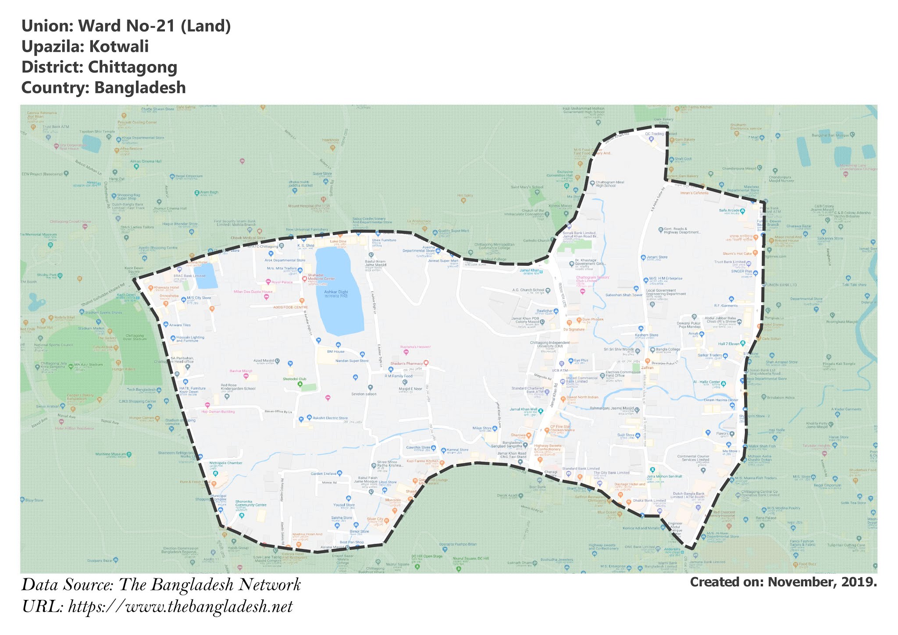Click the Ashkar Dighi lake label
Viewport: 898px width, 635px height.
[x=336, y=293]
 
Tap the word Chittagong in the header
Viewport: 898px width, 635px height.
[x=132, y=67]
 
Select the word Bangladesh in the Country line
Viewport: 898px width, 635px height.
[x=140, y=88]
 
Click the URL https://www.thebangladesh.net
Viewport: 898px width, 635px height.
[x=180, y=606]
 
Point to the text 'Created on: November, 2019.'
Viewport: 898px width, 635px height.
[x=783, y=582]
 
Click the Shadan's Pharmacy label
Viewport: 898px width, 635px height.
[x=406, y=364]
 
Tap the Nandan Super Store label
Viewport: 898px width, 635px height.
[x=352, y=361]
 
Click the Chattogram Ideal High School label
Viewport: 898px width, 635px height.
[x=609, y=184]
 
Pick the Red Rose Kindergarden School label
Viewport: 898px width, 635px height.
[x=238, y=387]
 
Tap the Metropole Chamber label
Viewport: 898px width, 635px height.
[x=225, y=463]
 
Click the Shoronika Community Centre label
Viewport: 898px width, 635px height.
[x=251, y=503]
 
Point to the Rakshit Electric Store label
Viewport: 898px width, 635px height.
[x=330, y=418]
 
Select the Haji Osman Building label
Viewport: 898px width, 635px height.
[x=218, y=412]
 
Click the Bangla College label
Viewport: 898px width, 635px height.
[x=668, y=350]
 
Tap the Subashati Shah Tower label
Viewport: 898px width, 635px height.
[x=624, y=295]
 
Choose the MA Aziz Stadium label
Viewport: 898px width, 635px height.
[x=88, y=364]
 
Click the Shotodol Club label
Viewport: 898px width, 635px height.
[x=294, y=379]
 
